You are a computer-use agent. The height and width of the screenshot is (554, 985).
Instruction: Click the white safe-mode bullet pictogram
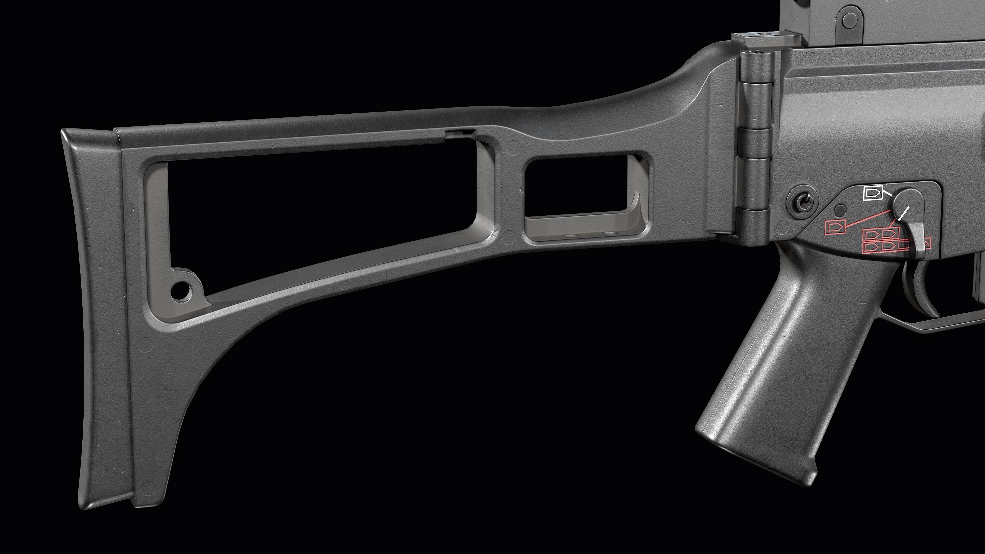point(872,193)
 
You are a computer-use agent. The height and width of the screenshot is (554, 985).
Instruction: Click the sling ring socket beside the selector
point(803,201)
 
